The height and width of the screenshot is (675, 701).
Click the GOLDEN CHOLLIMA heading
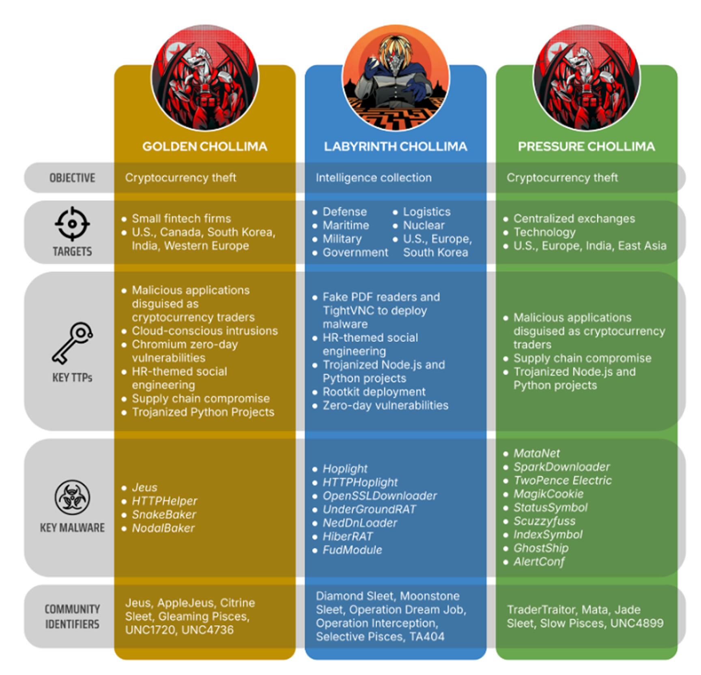pos(204,146)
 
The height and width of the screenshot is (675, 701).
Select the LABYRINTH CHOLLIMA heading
pos(395,146)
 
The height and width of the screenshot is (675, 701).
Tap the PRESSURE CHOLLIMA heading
pos(586,146)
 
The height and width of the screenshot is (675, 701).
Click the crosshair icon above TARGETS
pos(72,223)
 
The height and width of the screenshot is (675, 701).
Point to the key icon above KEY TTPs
pos(73,343)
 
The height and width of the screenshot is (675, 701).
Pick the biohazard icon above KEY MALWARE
pos(72,497)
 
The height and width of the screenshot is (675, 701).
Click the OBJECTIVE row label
pos(72,178)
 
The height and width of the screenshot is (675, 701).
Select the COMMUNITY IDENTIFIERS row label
pos(72,616)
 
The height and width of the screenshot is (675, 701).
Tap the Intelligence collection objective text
pos(374,178)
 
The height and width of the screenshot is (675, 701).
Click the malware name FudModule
pos(352,550)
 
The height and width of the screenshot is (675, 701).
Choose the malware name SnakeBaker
pos(164,514)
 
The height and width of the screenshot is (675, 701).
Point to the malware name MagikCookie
pos(548,494)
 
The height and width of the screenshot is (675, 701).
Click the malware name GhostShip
pos(541,548)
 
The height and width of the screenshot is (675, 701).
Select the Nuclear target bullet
pos(424,225)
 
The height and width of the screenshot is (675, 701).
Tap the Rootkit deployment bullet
pos(374,392)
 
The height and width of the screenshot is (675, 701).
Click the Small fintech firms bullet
pos(181,219)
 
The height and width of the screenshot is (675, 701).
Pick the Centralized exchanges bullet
pos(574,219)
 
